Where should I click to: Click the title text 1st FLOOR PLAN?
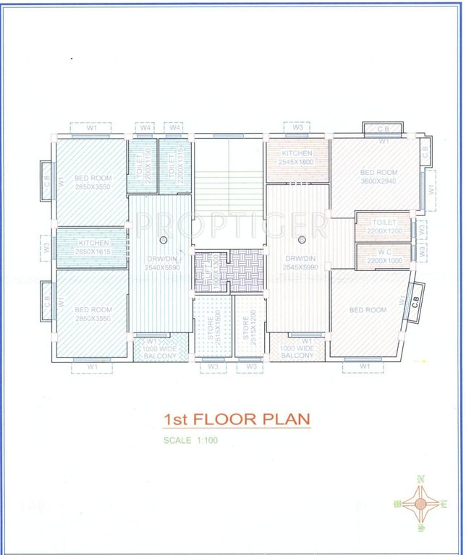[237, 420]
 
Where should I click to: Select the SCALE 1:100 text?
[190, 440]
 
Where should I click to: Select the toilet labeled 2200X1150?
[143, 166]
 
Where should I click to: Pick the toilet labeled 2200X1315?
[174, 166]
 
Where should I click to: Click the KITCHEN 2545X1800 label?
[297, 158]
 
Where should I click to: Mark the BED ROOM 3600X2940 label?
[378, 177]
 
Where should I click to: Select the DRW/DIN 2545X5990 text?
[300, 262]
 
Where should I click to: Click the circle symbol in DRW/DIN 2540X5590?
[164, 240]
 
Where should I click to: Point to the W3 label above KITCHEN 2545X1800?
[297, 128]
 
